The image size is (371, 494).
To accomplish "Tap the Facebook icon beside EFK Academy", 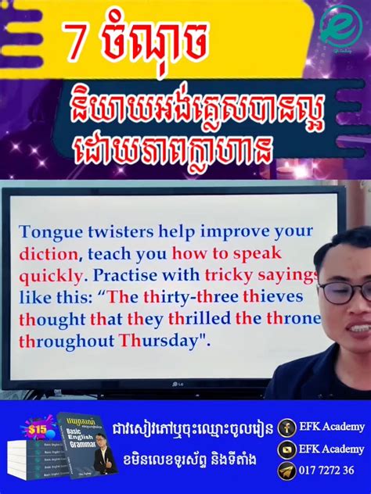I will [286, 427].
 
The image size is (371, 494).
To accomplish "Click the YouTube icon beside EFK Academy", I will [286, 449].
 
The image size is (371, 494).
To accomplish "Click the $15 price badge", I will [38, 430].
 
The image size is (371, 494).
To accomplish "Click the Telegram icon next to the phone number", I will [286, 471].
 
